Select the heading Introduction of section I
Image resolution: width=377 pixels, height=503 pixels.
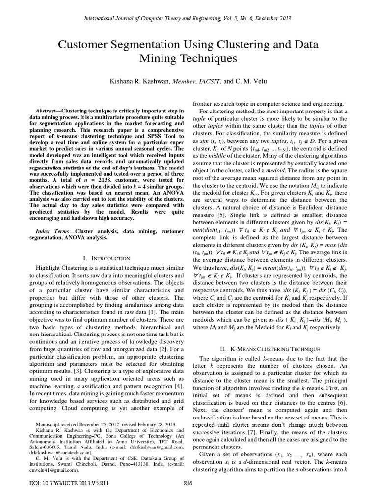109,258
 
